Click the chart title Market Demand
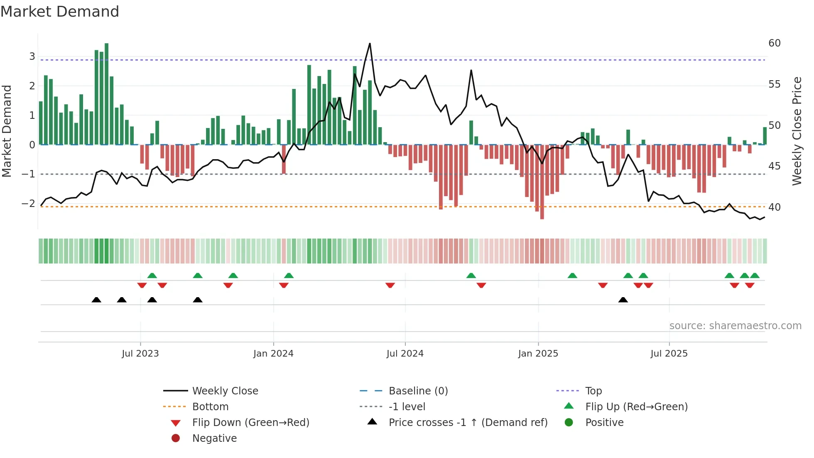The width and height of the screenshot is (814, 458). point(60,12)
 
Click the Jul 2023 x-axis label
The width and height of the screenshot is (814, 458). point(140,354)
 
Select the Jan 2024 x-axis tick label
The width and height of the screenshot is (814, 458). point(273,354)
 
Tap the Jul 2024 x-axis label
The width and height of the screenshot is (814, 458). point(405,354)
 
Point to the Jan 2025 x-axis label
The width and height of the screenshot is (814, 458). point(538,354)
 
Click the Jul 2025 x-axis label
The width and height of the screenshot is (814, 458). point(669,354)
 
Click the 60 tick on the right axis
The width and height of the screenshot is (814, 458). point(774,43)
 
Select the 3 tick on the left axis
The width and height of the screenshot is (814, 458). point(32,57)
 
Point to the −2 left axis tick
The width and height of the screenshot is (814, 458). point(28,204)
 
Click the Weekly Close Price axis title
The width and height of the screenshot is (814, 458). point(797,131)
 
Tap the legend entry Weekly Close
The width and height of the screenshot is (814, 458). point(225,391)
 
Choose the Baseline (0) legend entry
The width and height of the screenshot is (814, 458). point(418,391)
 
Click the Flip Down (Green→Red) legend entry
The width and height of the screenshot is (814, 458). point(250,423)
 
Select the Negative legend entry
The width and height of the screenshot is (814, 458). point(214,438)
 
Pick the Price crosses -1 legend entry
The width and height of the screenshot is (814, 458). point(468,423)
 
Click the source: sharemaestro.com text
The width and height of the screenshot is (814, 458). point(735,326)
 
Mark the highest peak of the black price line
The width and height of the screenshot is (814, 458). point(370,44)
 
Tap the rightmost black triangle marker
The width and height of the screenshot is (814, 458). point(623,300)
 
